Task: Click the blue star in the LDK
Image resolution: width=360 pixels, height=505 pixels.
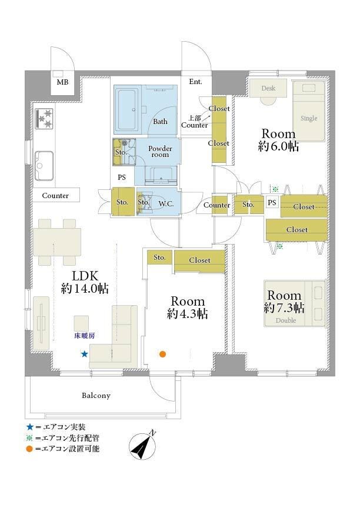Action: point(85,354)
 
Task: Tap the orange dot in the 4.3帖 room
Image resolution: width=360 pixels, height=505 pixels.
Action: point(163,354)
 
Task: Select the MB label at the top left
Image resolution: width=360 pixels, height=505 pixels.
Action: point(62,82)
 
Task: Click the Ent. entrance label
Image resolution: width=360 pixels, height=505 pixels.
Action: point(196,82)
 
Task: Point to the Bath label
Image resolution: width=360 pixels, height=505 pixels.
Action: point(160,122)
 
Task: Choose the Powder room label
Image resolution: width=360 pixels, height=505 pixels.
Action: point(160,151)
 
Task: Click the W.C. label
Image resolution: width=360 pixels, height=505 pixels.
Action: point(166,203)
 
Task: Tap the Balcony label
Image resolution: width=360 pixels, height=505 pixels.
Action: point(96,395)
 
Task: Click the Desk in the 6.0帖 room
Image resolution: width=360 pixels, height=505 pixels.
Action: point(268,88)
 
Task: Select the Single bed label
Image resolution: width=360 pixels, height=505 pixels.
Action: point(309,118)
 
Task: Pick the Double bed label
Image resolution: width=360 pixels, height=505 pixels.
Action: point(286,320)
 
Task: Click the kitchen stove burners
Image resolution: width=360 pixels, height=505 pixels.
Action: point(44,119)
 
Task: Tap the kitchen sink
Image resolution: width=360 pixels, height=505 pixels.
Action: point(44,166)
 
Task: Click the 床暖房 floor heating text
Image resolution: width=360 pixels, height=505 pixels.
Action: point(85,336)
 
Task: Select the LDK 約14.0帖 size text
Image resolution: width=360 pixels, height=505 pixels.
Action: point(85,282)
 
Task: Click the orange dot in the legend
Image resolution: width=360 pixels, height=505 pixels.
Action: point(29,449)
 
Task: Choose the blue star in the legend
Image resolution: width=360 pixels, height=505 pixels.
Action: point(30,427)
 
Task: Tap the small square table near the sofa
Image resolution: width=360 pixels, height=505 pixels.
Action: point(81,323)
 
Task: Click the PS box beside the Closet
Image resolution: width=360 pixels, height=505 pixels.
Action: point(272,203)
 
